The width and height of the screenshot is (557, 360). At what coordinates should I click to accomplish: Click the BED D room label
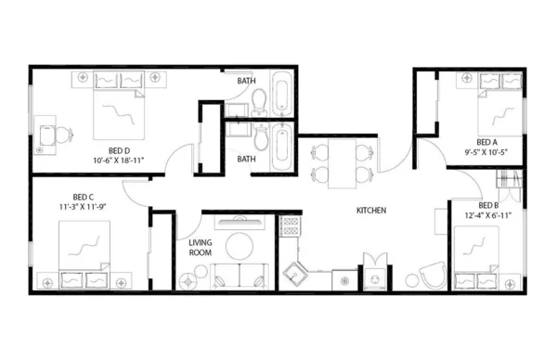tap(118, 150)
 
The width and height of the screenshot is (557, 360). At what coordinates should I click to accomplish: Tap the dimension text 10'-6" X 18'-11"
tap(123, 161)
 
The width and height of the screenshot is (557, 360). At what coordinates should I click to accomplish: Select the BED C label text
tap(84, 196)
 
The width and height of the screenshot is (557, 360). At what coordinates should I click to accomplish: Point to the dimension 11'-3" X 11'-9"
tap(84, 207)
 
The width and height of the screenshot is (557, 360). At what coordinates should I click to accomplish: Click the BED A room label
tap(489, 142)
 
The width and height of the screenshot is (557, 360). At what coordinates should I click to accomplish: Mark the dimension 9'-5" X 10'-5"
tap(489, 152)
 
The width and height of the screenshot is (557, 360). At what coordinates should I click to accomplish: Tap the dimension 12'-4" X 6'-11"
tap(490, 215)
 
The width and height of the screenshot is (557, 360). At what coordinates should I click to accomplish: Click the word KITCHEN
tap(371, 211)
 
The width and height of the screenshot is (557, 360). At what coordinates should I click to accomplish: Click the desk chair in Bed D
tap(62, 135)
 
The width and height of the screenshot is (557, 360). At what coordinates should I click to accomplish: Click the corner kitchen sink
tap(298, 275)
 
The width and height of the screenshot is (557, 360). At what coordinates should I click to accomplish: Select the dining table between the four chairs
tap(337, 161)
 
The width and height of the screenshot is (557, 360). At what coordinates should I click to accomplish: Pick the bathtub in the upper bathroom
tap(282, 96)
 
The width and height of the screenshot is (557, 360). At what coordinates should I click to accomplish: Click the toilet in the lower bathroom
tap(263, 142)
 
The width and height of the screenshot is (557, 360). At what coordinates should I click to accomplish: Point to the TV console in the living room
tap(240, 222)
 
